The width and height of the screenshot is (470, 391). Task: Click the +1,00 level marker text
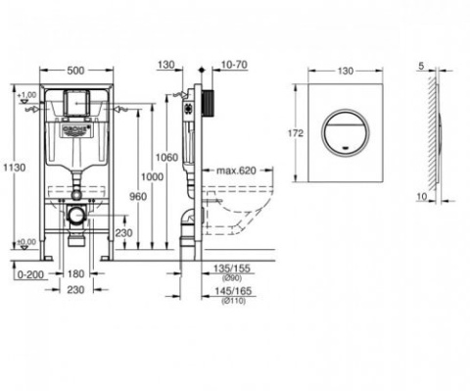pyautogui.click(x=26, y=94)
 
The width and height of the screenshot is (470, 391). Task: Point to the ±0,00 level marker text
pyautogui.click(x=26, y=240)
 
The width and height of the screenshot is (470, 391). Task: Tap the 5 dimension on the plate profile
pyautogui.click(x=421, y=67)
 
